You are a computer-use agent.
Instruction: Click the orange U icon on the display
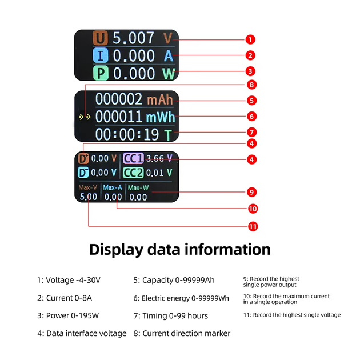(100, 38)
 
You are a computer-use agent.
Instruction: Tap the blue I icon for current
(101, 55)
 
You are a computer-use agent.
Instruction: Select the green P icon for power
(101, 73)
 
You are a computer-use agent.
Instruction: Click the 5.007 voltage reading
(133, 38)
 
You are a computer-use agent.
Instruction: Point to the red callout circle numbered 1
(250, 39)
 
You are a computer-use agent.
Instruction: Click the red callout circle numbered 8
(251, 85)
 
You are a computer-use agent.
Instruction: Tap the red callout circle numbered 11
(253, 227)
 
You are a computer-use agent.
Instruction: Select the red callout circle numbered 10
(253, 209)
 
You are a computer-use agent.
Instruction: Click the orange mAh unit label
(160, 100)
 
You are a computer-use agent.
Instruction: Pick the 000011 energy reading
(118, 117)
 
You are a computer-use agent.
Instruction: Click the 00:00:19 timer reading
(127, 134)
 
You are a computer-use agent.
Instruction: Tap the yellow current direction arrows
(85, 117)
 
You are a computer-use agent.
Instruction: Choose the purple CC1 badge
(133, 158)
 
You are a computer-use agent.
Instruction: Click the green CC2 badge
(133, 173)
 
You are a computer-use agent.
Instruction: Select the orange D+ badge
(83, 158)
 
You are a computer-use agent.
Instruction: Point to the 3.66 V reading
(159, 158)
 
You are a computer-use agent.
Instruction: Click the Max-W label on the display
(138, 188)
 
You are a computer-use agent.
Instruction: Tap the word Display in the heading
(116, 250)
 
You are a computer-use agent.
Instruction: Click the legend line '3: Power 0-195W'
(68, 315)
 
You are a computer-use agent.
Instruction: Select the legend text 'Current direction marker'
(186, 333)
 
